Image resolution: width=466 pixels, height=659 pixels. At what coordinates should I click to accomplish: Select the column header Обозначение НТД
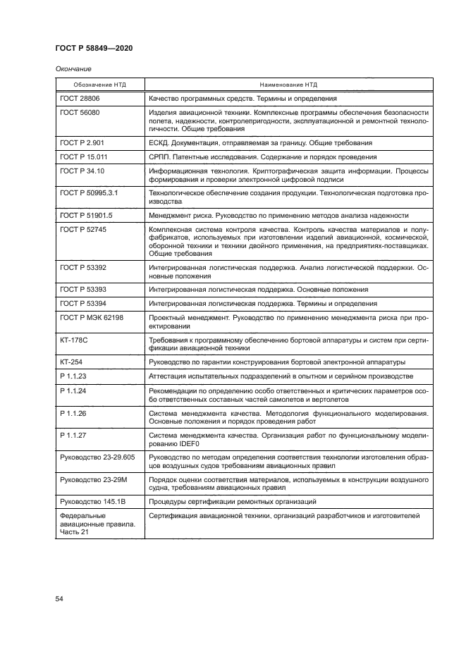(99, 84)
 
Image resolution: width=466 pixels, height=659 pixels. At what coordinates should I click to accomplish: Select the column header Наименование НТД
(288, 84)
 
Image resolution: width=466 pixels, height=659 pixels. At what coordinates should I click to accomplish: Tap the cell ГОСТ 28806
(80, 99)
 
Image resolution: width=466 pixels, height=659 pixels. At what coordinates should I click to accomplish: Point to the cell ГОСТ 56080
(80, 113)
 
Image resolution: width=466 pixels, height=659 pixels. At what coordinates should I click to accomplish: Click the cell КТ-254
(73, 362)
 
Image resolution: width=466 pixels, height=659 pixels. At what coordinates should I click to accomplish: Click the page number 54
(59, 598)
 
